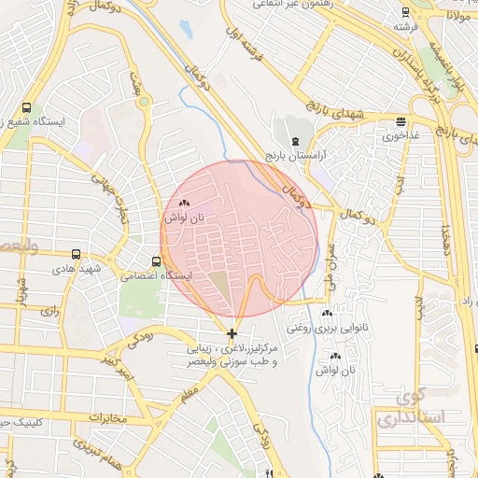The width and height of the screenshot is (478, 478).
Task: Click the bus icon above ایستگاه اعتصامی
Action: point(156,261)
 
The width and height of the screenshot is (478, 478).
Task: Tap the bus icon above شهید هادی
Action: point(76,253)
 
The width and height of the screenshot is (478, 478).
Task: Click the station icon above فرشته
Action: point(403,12)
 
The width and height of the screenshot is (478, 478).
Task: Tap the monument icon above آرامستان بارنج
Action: point(295,141)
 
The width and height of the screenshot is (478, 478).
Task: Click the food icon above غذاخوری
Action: point(401,121)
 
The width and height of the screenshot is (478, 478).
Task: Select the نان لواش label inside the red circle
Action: point(183,217)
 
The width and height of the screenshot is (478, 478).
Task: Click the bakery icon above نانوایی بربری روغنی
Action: point(327,314)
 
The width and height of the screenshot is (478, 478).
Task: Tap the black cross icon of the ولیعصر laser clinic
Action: point(232,333)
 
